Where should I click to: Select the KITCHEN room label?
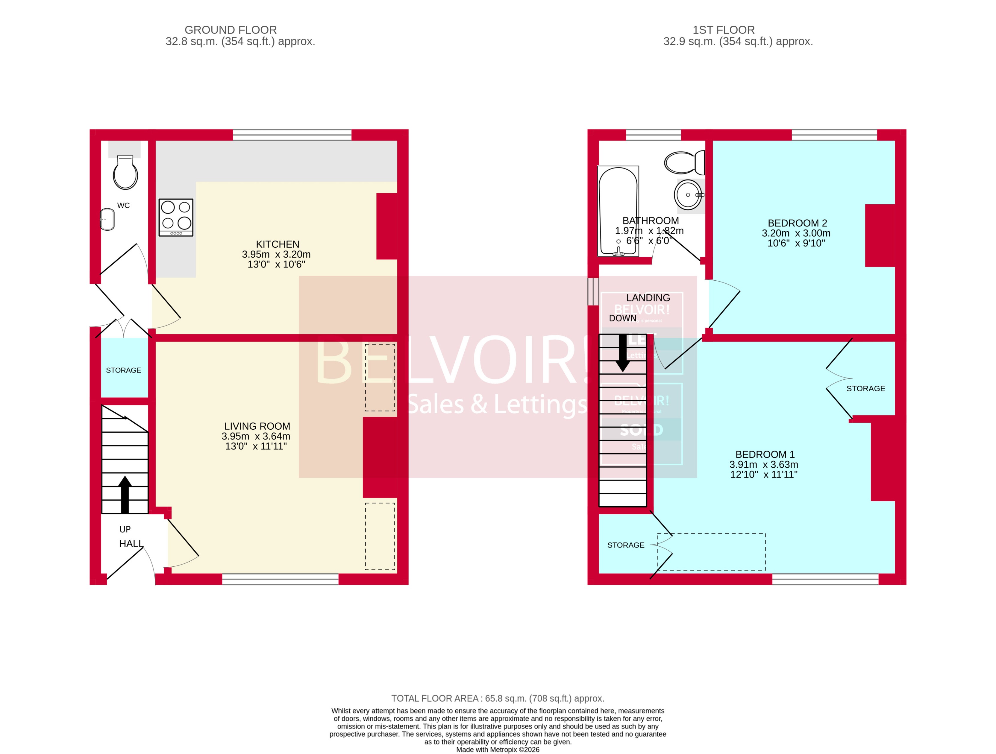[x=278, y=244]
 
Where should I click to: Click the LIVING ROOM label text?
[x=257, y=426]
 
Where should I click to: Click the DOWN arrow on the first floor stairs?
[x=623, y=353]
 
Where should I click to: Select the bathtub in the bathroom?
[x=618, y=211]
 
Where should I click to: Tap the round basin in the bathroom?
[x=688, y=194]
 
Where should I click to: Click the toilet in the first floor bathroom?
[x=683, y=162]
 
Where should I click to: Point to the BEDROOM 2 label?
[x=797, y=223]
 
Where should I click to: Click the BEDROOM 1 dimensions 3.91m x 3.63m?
[x=764, y=464]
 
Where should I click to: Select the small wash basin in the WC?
[x=107, y=219]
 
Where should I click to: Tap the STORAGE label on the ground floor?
[x=123, y=370]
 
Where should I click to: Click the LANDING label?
[x=648, y=297]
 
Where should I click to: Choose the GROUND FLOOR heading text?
[x=231, y=30]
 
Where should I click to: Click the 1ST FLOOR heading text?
[x=723, y=30]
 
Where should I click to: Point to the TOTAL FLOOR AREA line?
[x=498, y=698]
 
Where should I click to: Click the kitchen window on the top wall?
[x=292, y=135]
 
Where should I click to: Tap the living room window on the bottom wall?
[x=280, y=579]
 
